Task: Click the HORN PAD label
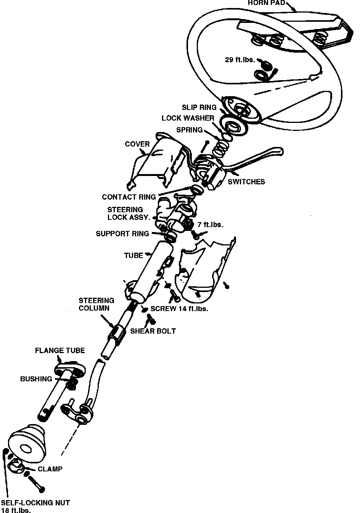pyautogui.click(x=266, y=3)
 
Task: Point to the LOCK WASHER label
pyautogui.click(x=188, y=118)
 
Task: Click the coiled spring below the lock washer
pyautogui.click(x=220, y=147)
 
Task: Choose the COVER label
pyautogui.click(x=137, y=144)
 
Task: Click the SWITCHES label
pyautogui.click(x=246, y=182)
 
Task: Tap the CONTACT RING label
pyautogui.click(x=129, y=197)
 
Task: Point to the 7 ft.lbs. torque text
pyautogui.click(x=210, y=224)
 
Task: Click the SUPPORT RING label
pyautogui.click(x=122, y=234)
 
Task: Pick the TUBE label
pyautogui.click(x=133, y=255)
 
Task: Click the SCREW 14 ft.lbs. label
pyautogui.click(x=179, y=308)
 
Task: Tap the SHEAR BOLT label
pyautogui.click(x=153, y=331)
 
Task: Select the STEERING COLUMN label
pyautogui.click(x=96, y=304)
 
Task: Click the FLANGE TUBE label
pyautogui.click(x=60, y=350)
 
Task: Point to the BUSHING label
pyautogui.click(x=36, y=379)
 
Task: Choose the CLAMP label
pyautogui.click(x=50, y=469)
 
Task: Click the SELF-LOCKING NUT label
pyautogui.click(x=35, y=503)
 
